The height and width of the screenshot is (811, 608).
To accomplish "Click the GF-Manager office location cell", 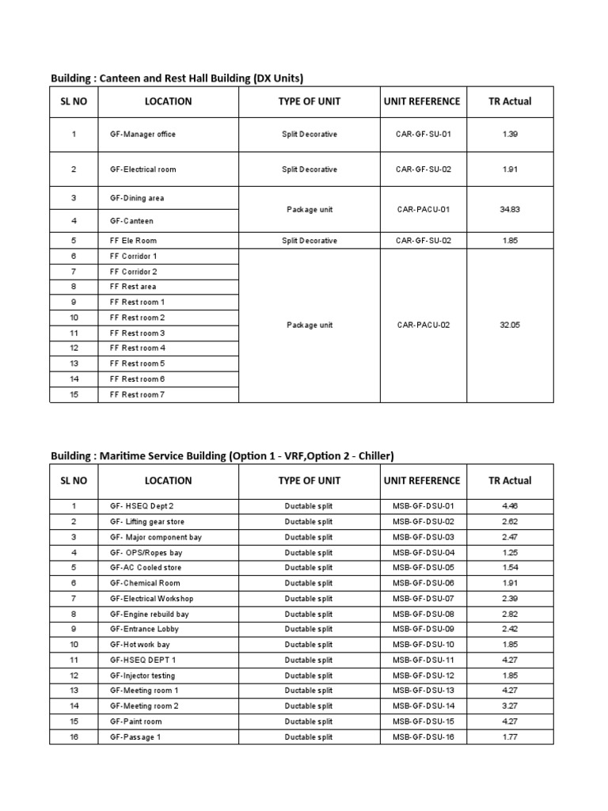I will [x=142, y=135].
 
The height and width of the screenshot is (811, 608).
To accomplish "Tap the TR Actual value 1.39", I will [x=510, y=135].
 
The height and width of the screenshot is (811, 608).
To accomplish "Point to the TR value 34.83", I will [x=510, y=210].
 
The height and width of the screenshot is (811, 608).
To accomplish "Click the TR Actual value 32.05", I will [x=510, y=326].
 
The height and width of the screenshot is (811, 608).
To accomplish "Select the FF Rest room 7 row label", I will [x=137, y=394].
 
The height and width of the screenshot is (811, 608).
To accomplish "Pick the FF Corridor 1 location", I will [x=133, y=257].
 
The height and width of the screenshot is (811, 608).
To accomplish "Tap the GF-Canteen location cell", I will [x=131, y=221].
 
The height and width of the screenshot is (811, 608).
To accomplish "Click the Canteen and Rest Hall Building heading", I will [x=177, y=78].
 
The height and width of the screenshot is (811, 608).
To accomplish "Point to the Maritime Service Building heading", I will [x=222, y=455].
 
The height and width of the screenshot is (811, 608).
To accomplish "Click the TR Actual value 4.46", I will [x=510, y=506].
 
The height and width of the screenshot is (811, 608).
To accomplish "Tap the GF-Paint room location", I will [x=135, y=722].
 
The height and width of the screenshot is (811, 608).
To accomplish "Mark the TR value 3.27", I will [x=510, y=706].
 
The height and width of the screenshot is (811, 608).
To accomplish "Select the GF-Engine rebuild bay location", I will [x=149, y=614].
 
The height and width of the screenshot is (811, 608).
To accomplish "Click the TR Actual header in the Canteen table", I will [x=510, y=101].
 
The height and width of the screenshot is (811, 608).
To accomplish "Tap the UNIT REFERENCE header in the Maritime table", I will [x=421, y=481].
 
